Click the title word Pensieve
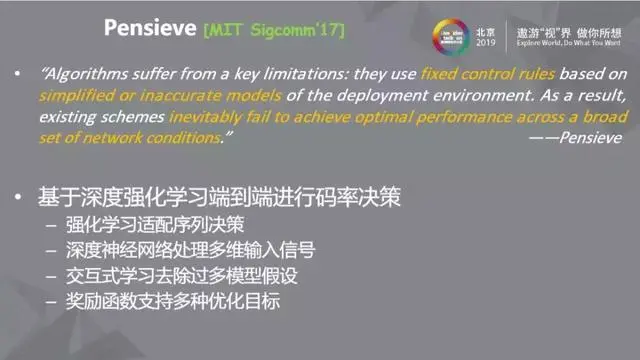(148, 29)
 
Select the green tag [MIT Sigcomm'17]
(273, 31)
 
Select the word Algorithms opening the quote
(85, 74)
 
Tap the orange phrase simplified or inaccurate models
(140, 97)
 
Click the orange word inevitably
(209, 119)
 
